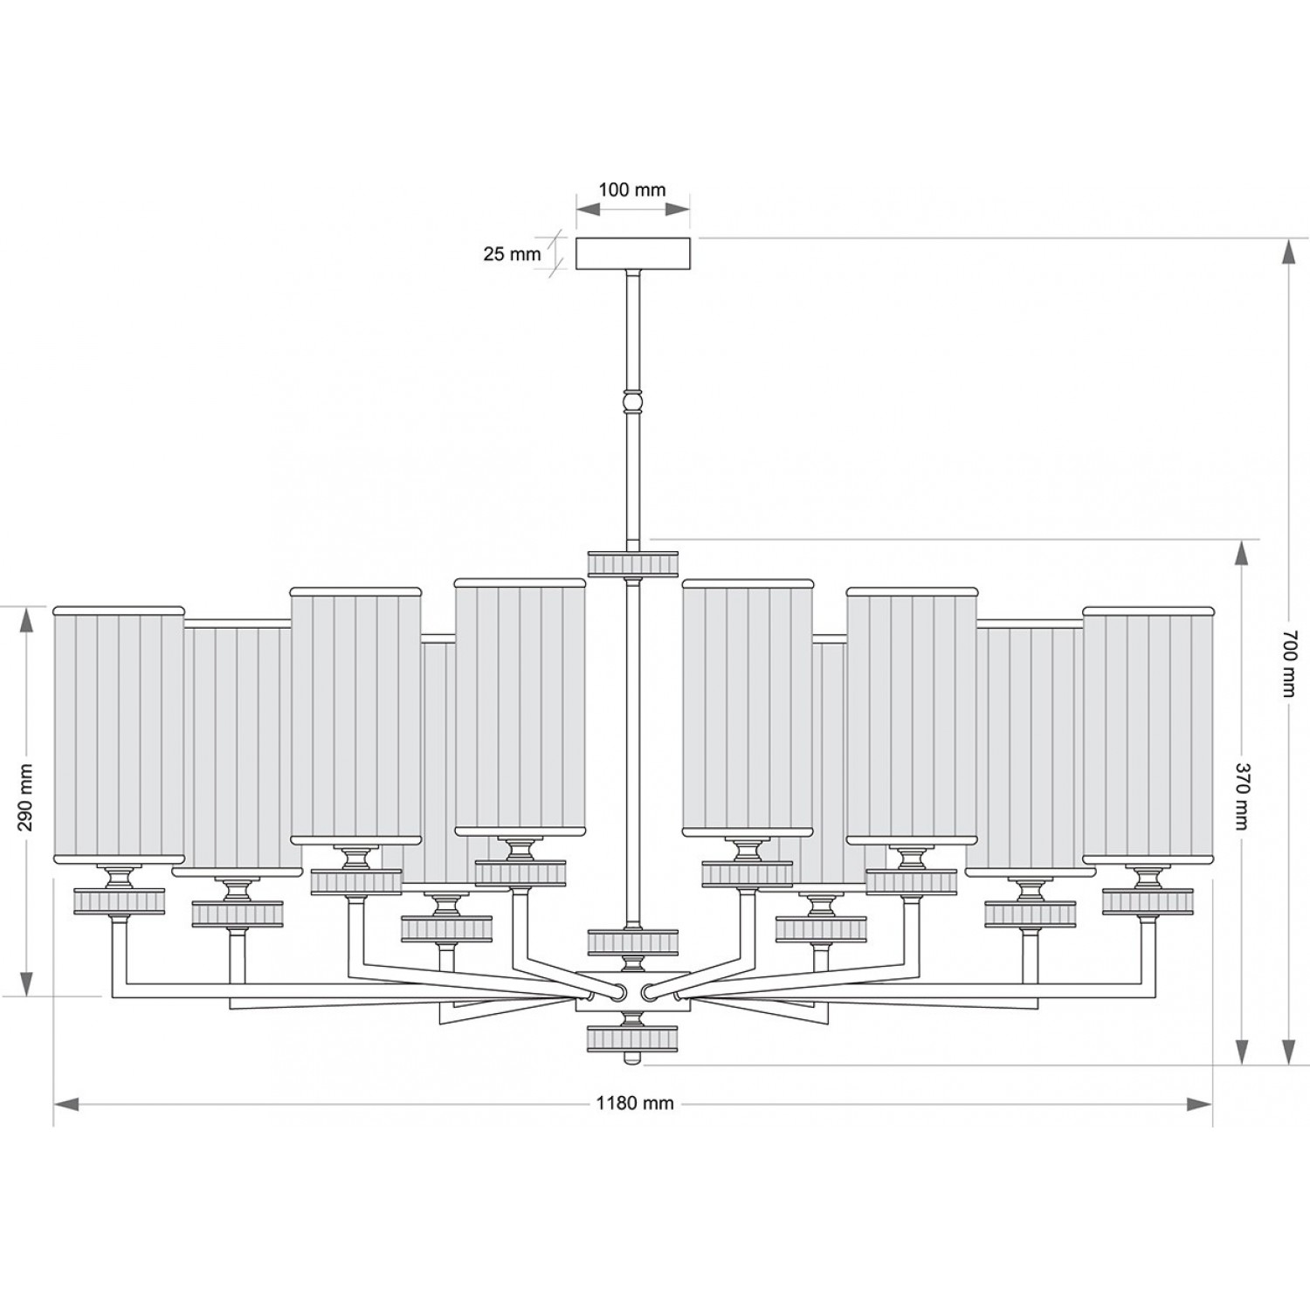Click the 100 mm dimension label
coord(632,190)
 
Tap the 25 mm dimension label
coord(513,254)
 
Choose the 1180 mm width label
coord(635,1103)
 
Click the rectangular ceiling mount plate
coord(633,254)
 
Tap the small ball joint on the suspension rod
coord(633,402)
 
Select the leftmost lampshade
coord(120,734)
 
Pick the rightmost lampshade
coord(1148,734)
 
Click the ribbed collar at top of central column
coord(633,563)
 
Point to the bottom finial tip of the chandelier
coord(633,1059)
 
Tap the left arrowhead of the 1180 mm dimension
coord(68,1104)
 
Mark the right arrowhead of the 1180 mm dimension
coord(1198,1104)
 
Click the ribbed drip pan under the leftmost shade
coord(120,901)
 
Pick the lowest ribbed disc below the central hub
coord(633,1038)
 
